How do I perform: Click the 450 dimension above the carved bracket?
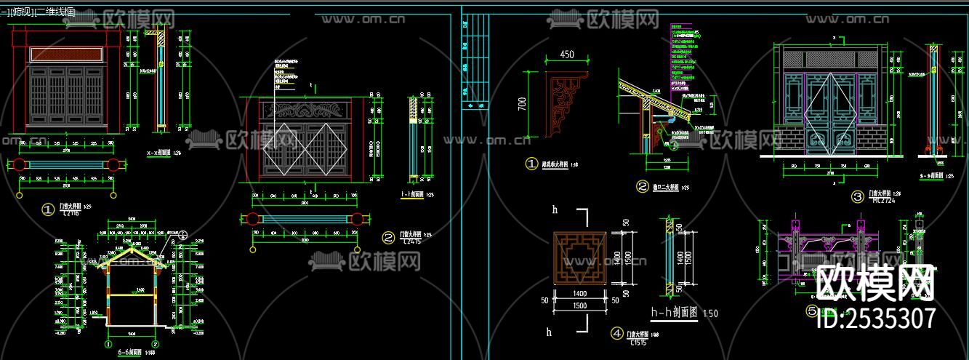[x=567, y=55]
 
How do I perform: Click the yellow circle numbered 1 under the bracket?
[x=531, y=164]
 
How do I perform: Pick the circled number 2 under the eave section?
[x=642, y=186]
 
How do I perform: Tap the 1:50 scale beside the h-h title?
[x=710, y=313]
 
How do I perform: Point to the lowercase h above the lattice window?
[x=555, y=209]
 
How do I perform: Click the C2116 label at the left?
[x=71, y=213]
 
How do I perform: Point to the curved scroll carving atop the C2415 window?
[x=305, y=111]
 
